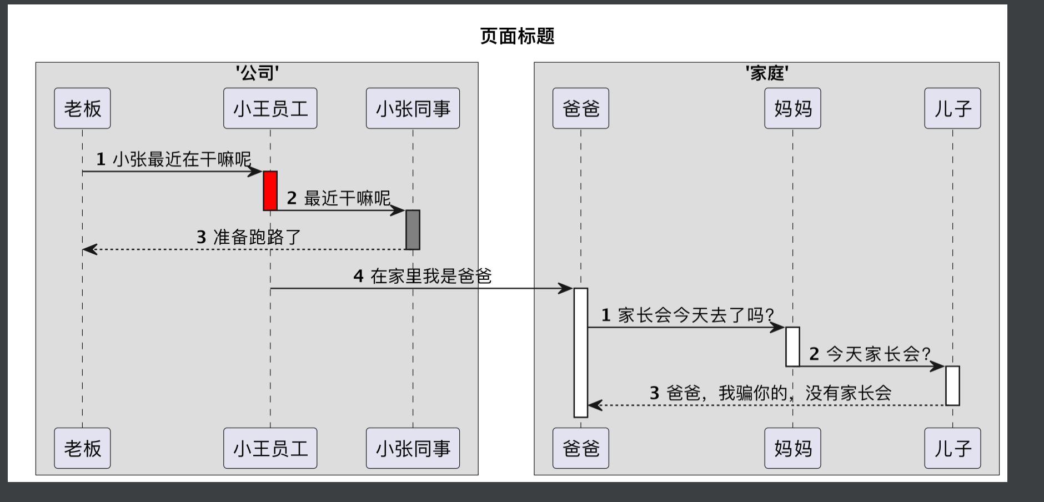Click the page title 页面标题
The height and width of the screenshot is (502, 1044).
tap(517, 36)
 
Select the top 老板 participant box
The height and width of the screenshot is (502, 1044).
tap(82, 108)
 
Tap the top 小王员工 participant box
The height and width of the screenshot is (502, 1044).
tap(270, 108)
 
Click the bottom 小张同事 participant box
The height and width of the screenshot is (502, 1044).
tap(413, 448)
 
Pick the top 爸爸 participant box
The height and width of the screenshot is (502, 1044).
tap(580, 108)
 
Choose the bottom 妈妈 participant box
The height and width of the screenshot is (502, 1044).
tap(792, 448)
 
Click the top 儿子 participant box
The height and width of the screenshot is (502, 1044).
tap(952, 108)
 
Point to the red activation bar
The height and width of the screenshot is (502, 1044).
tap(270, 190)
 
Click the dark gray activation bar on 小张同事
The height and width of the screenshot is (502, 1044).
tap(413, 229)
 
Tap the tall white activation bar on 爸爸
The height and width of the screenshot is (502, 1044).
tap(581, 353)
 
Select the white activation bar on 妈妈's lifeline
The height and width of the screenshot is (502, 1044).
tap(792, 347)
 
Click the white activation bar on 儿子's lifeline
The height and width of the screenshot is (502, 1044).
tap(952, 385)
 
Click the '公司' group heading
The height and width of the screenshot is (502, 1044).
tap(257, 73)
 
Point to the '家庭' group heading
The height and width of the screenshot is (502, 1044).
tap(767, 73)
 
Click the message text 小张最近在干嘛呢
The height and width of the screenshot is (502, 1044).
tap(181, 160)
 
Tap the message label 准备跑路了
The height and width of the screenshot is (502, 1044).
tap(257, 237)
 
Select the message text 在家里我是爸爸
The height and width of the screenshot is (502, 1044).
tap(430, 276)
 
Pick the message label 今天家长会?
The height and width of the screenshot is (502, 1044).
tap(877, 354)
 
